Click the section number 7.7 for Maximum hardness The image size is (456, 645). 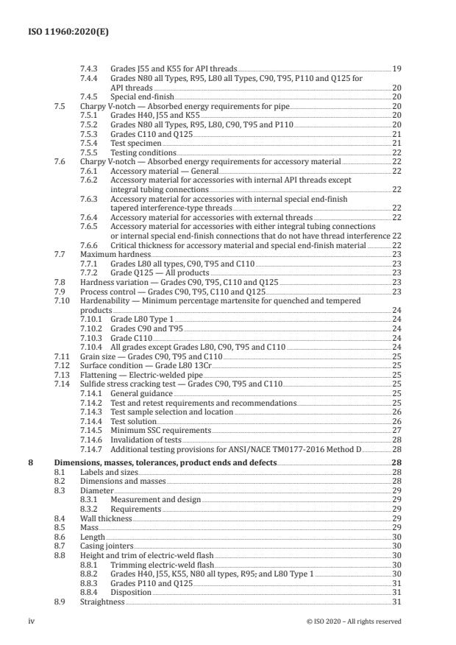pos(60,253)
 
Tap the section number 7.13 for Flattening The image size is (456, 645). pos(63,374)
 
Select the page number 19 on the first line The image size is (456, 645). pos(396,68)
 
